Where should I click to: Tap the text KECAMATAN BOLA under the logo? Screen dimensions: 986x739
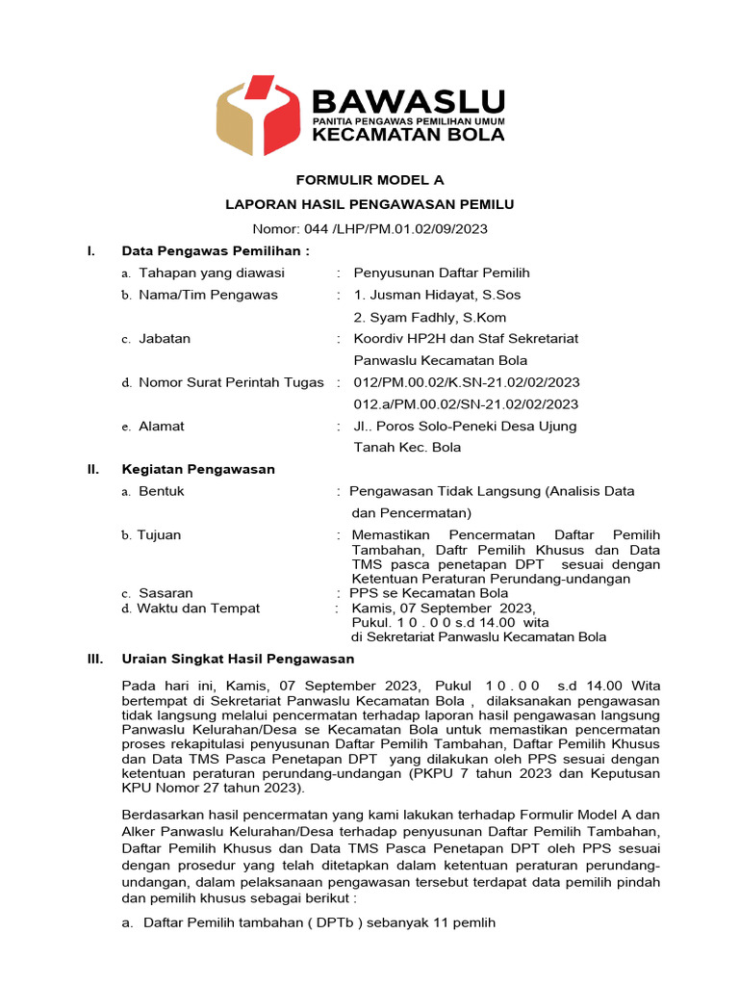[409, 135]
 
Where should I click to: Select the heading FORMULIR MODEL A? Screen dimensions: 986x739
[369, 180]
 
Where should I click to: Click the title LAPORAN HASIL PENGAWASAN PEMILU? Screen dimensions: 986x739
[369, 204]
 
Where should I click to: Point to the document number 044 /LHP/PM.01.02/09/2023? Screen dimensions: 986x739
[369, 228]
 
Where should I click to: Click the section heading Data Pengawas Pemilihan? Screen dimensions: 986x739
[216, 251]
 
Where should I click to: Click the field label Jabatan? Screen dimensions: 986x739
[165, 339]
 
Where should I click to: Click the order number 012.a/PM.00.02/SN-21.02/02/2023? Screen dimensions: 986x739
[466, 404]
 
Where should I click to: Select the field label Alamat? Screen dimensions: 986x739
[161, 426]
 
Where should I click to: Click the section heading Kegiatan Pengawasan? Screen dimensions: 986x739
[198, 469]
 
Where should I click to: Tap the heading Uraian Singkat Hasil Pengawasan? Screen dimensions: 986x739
[238, 660]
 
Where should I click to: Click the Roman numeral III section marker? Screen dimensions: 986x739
[94, 660]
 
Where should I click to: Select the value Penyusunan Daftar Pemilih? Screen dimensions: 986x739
[442, 273]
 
